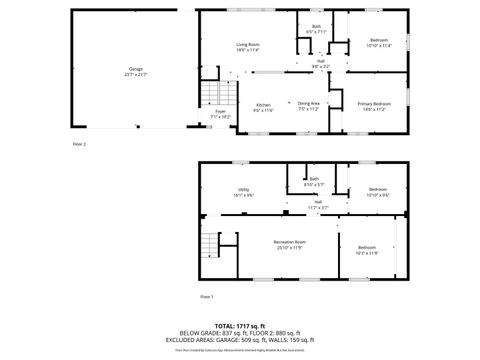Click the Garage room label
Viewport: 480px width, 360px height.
point(136,69)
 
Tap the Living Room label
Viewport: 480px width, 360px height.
point(248,45)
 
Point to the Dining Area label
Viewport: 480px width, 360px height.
point(309,103)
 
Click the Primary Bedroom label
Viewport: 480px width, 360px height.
point(375,104)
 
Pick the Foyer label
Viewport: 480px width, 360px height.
point(220,112)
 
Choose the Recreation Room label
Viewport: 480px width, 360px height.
point(291,243)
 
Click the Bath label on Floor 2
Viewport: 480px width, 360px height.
point(316,27)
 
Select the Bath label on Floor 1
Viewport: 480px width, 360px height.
point(314,179)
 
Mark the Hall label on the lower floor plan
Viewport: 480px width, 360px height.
point(317,201)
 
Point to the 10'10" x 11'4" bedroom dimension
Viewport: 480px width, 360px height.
point(379,46)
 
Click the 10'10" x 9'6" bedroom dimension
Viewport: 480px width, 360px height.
point(378,195)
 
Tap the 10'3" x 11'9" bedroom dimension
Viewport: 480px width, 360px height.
point(367,253)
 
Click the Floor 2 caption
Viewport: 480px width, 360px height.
point(80,145)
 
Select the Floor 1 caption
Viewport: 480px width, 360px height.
point(207,297)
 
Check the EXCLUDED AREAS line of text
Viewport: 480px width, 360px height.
point(240,340)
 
